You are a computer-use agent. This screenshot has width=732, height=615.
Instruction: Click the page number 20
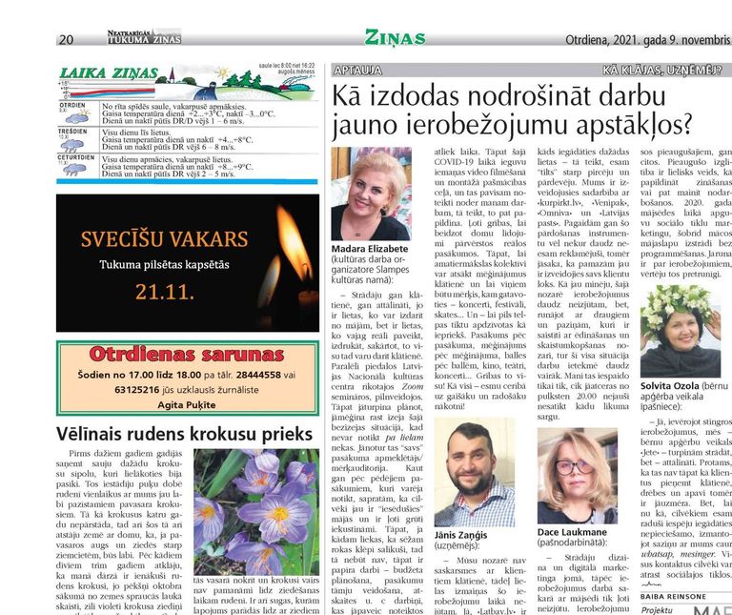tap(66, 39)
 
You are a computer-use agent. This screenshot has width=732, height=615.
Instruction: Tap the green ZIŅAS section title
tap(394, 38)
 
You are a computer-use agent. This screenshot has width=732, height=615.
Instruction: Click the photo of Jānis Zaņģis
tap(474, 473)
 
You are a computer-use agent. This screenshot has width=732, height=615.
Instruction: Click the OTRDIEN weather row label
tap(72, 105)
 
